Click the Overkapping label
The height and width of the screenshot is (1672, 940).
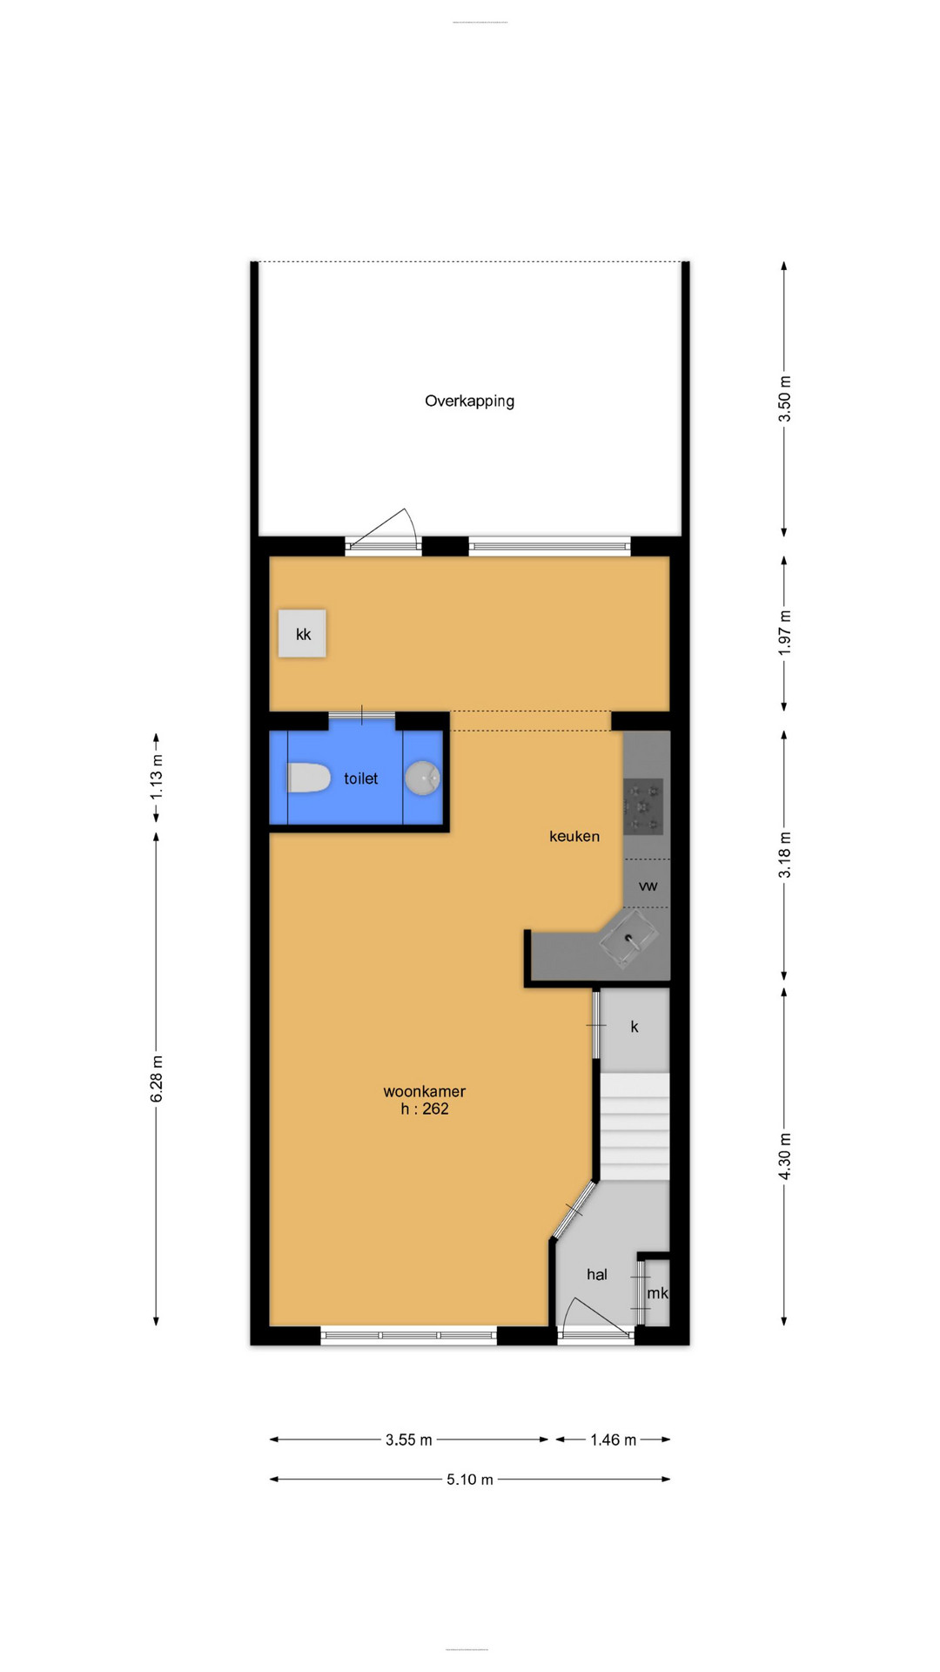(469, 401)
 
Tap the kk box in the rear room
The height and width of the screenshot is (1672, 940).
(302, 634)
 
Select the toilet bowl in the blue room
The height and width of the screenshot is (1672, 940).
(308, 778)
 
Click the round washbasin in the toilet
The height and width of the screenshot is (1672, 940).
(423, 778)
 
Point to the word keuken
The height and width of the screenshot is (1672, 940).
(574, 836)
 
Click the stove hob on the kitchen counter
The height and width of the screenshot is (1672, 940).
(644, 806)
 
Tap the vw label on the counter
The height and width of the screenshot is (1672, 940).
(648, 886)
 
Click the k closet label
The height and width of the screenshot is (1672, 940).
(634, 1027)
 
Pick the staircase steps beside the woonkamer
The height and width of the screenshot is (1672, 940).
(634, 1128)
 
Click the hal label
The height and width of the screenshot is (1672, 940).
(596, 1274)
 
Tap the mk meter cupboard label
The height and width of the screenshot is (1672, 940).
(657, 1293)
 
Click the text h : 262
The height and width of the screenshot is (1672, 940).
(425, 1109)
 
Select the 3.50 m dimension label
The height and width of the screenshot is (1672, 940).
(784, 399)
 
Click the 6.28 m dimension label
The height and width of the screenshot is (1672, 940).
(157, 1078)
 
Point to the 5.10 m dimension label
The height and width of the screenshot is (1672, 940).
(469, 1480)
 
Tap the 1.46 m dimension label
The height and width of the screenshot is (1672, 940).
(613, 1439)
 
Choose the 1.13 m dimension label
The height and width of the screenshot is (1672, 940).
(157, 777)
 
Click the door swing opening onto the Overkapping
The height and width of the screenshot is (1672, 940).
(387, 528)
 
